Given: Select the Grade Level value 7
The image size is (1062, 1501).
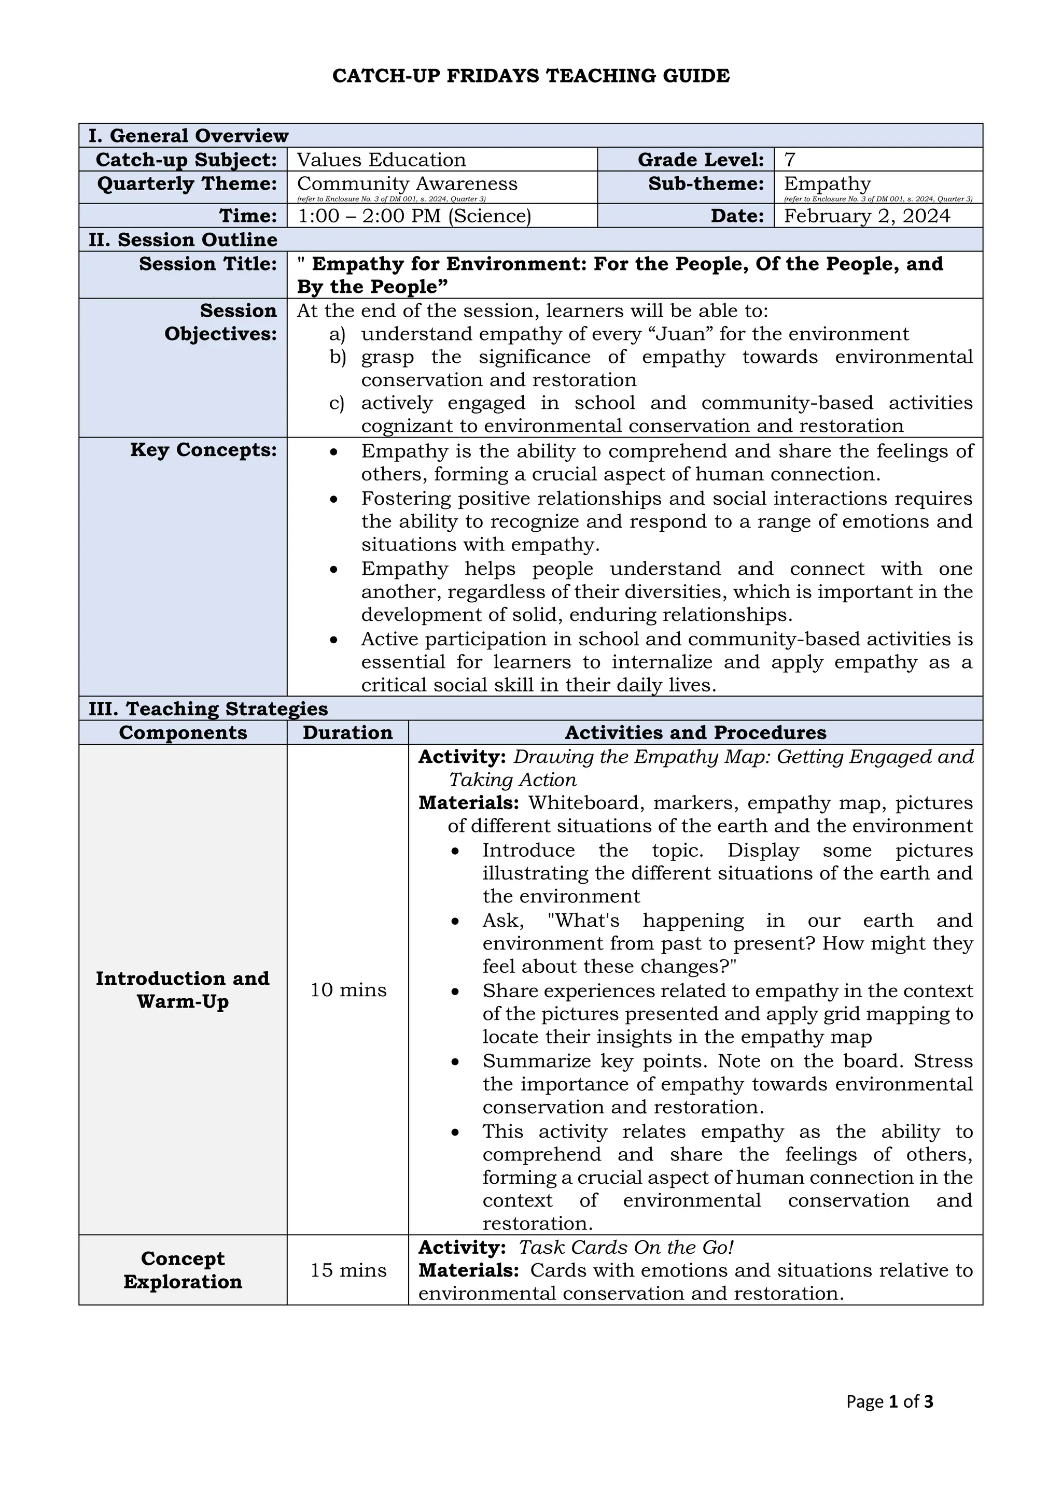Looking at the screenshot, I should coord(789,160).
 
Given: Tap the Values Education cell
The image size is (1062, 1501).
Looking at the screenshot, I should coord(381,160).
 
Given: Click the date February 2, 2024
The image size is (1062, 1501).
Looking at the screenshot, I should coord(867,216).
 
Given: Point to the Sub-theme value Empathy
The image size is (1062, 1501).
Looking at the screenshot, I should coord(827,183).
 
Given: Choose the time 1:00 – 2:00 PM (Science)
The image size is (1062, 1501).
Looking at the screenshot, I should coord(414,216).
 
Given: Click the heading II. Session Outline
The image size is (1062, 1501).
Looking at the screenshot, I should coord(183,239).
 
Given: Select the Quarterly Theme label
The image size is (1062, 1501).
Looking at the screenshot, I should coord(187,183).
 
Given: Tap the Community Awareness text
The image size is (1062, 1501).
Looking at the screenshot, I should coord(407,183).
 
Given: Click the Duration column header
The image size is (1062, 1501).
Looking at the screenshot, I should coord(347,732).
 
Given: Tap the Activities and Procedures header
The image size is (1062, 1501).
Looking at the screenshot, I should coord(695,732).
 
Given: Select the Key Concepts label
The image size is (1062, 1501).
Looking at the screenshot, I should coord(203,450).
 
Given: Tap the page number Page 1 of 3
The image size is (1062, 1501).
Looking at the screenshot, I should coord(889,1401).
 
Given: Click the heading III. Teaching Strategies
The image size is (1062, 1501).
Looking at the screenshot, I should coord(208,709).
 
